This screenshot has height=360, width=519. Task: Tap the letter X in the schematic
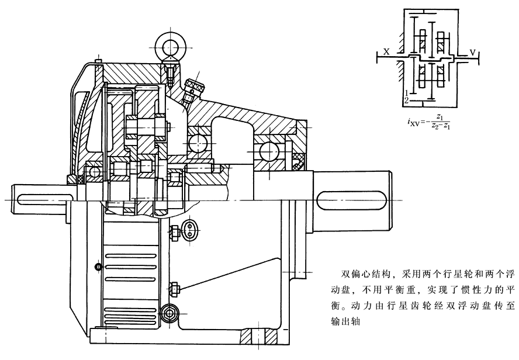tap(387, 51)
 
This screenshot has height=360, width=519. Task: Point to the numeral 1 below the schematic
tap(406, 94)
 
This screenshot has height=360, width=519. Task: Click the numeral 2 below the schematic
tap(406, 101)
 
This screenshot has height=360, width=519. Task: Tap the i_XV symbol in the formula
tap(413, 123)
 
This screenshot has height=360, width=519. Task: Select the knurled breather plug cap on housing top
tap(193, 88)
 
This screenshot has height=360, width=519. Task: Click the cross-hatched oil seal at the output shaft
tap(299, 160)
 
